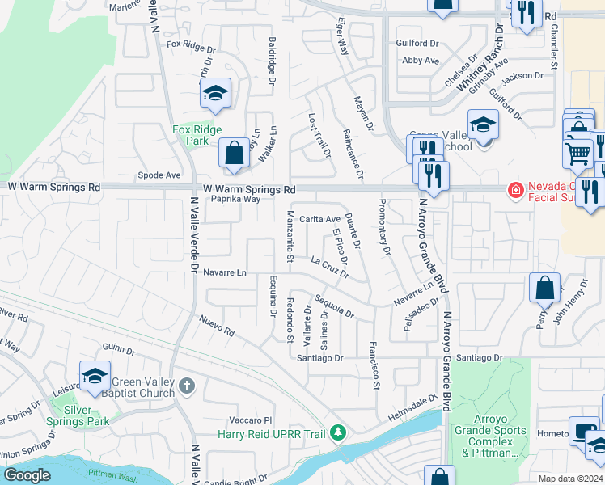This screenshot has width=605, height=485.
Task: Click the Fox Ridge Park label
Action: click(x=191, y=134)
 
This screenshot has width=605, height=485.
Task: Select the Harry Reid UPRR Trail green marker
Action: click(x=339, y=433)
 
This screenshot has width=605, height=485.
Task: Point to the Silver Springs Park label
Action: click(x=87, y=415)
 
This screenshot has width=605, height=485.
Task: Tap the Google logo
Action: click(x=27, y=474)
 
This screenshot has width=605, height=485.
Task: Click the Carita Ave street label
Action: click(x=320, y=219)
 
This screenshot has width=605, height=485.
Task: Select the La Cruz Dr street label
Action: click(x=329, y=267)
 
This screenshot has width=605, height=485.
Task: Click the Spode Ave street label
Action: click(x=159, y=175)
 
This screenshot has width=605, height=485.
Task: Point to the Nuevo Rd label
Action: click(x=218, y=327)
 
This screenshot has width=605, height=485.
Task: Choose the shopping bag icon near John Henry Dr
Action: click(x=544, y=288)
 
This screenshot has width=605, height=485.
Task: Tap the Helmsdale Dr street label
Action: click(x=410, y=407)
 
